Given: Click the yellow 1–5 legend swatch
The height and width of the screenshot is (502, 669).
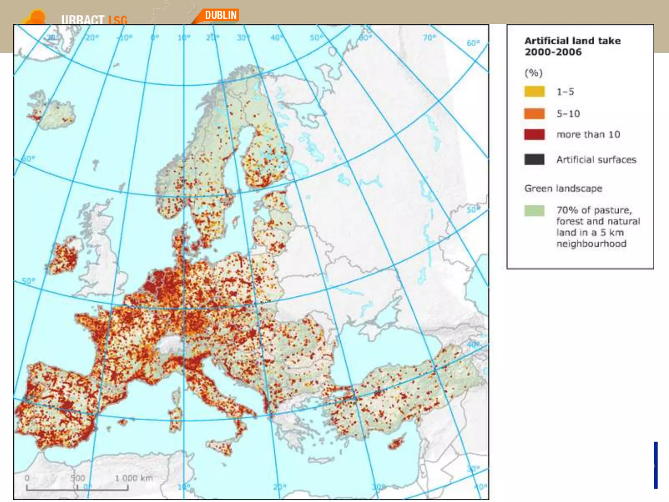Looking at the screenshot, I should click(534, 92).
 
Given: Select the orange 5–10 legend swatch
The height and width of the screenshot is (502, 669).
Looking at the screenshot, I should click(534, 114).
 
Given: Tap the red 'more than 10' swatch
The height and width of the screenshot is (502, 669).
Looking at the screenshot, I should click(534, 134).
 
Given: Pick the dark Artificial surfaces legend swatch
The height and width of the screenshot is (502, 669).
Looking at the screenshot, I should click(534, 159).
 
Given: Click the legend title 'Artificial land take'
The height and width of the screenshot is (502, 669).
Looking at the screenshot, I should click(572, 41).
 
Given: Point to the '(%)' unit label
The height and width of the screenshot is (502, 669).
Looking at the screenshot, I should click(533, 73).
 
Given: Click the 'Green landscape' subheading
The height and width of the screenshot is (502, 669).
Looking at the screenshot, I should click(563, 189).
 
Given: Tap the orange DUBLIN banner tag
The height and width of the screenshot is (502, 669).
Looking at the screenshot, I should click(220, 15).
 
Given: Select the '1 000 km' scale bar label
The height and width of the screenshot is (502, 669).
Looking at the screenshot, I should click(134, 478).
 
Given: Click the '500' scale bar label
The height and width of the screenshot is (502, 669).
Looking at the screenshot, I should click(78, 478).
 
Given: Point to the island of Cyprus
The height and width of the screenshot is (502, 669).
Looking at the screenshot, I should click(396, 443).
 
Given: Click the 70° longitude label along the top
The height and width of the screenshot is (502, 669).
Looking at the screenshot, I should click(429, 38).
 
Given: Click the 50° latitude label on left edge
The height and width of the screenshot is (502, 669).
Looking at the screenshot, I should click(28, 281).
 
